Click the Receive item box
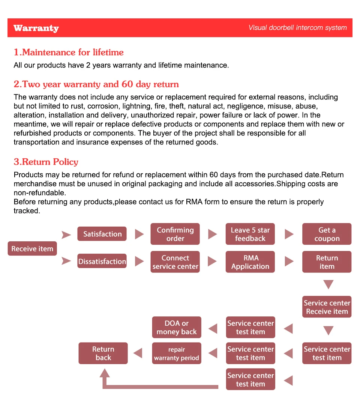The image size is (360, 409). point(32,248)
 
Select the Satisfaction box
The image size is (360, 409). point(102,234)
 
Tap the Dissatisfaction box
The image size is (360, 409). point(102,262)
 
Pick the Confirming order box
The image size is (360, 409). point(175,234)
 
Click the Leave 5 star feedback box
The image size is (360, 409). point(250,234)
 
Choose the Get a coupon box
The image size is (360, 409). point(327,234)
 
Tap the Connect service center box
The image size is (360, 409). point(175,262)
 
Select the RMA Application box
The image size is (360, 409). point(250,262)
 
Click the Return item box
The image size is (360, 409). point(327,262)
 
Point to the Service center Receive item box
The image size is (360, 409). point(327,307)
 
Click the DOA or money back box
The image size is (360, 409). point(177,327)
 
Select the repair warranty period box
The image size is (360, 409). point(177,353)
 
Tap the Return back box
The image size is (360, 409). point(103,353)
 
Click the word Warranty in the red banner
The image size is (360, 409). point(36,28)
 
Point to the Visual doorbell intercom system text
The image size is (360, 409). point(297,28)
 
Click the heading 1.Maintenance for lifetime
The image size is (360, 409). point(69,52)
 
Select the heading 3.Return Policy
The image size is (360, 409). point(46,162)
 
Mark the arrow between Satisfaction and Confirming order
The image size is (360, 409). point(139,234)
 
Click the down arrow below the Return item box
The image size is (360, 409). point(328,284)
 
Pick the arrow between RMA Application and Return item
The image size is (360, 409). point(289,262)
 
